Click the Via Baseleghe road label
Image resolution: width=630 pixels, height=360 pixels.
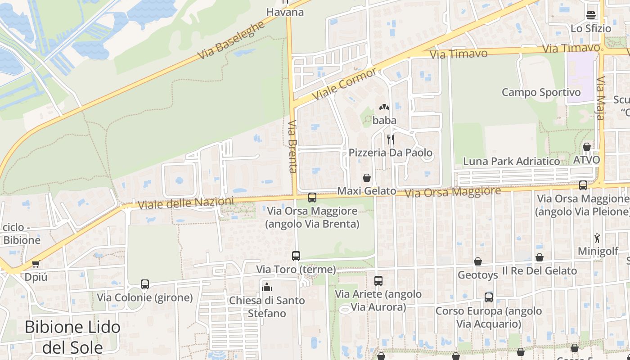pos(231,40)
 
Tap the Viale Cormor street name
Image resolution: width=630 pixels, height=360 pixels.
pos(344,84)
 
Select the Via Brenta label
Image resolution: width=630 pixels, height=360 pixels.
pos(293,146)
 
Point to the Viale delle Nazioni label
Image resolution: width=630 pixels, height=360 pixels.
pos(186,203)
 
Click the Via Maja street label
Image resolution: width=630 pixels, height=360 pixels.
pos(601,99)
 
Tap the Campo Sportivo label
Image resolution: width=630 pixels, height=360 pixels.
pos(541,92)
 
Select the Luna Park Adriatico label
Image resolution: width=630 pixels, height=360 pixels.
pos(512,161)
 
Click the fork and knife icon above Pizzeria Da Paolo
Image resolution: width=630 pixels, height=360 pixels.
pos(391,139)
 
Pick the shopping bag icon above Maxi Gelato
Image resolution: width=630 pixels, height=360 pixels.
pos(367,178)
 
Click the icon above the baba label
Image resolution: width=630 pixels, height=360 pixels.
pos(384,108)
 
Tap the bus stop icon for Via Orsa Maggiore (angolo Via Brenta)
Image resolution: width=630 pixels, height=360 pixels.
pos(312,197)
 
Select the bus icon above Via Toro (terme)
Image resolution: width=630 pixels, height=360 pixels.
pos(296,256)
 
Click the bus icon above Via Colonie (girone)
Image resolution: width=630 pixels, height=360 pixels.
pos(144,284)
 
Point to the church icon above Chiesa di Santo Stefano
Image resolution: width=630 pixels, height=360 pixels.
pos(267,287)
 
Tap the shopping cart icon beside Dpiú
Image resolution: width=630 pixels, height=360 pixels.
pos(36,264)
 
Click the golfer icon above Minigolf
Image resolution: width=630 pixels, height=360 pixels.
pos(597,238)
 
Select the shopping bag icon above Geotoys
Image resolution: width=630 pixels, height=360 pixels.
pos(477,261)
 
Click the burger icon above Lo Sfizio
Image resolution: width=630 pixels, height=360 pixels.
pos(590,15)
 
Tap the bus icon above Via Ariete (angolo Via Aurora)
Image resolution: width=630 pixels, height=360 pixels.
pos(378,281)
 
